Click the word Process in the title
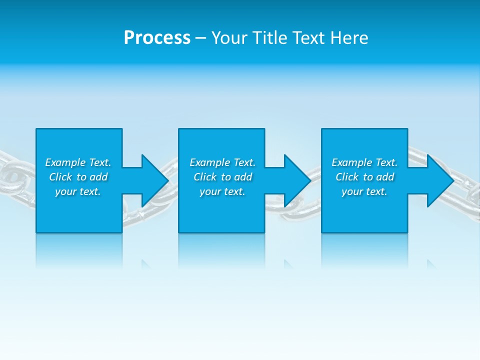coord(157,38)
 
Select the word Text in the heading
coord(309,38)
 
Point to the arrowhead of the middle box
coord(296,180)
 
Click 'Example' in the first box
coord(65,162)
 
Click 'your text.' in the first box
coord(78,191)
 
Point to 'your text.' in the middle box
coord(222,191)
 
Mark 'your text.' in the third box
coord(364,191)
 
